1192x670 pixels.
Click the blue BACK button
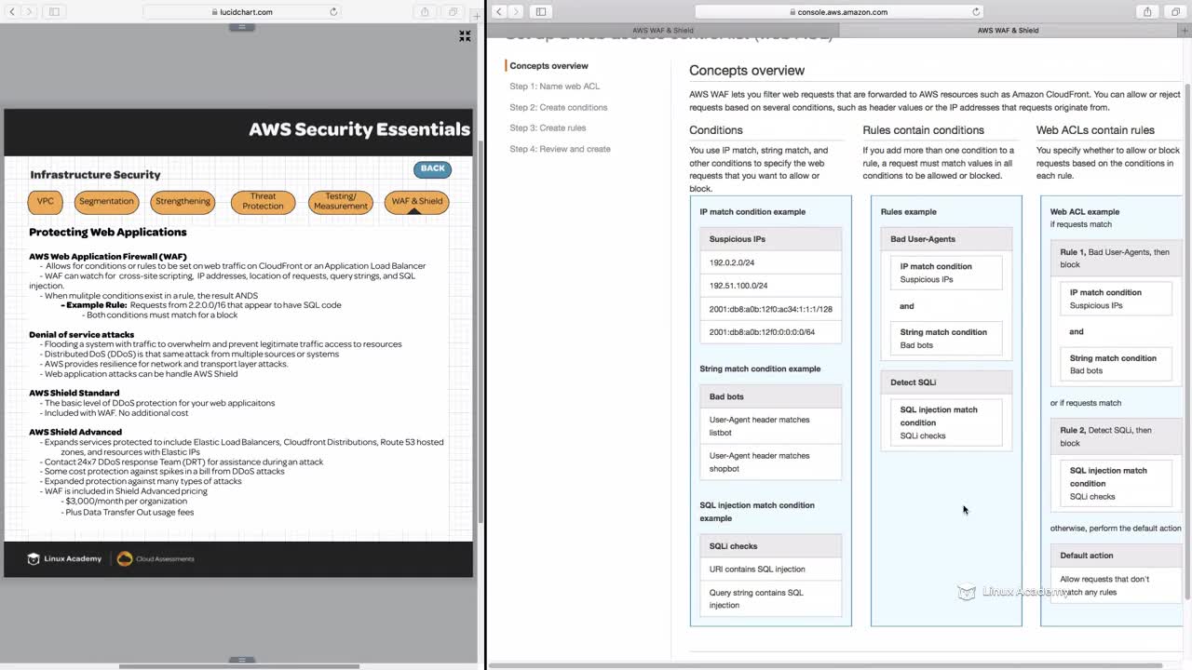coord(432,169)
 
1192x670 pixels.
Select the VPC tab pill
coord(46,201)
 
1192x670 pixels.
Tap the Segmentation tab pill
coord(106,201)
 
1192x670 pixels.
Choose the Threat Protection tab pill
coord(263,201)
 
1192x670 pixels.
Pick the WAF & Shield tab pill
coord(416,201)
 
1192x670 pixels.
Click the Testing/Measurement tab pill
coord(340,201)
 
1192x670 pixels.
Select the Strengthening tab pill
coord(183,201)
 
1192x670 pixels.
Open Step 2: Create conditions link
coord(558,107)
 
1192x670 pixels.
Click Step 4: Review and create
coord(560,149)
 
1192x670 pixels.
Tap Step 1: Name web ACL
coord(554,87)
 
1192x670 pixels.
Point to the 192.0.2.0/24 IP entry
coord(732,262)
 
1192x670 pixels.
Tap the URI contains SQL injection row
coord(757,569)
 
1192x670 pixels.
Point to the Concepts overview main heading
coord(746,70)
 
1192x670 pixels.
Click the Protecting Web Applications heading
coord(107,233)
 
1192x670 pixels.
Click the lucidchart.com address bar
coord(242,12)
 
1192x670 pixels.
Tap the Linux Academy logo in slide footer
coord(64,558)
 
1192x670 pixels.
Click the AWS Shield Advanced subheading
coord(75,432)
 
